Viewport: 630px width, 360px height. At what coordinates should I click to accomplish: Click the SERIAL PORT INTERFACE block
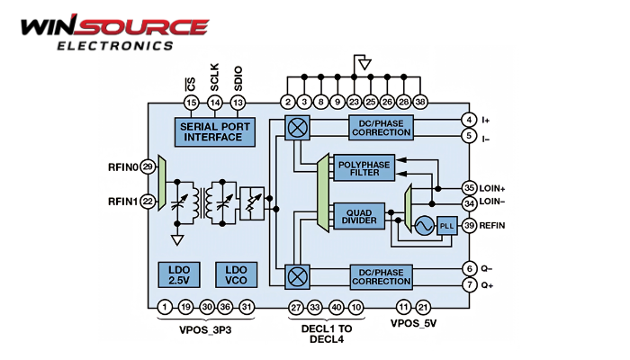pos(213,131)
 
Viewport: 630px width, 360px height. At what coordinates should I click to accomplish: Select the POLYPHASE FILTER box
pos(364,168)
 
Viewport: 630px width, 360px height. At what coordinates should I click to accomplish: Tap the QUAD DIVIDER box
pos(359,217)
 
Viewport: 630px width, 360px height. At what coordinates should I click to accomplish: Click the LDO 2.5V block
pos(178,274)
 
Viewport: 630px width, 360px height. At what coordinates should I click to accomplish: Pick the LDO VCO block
pos(237,274)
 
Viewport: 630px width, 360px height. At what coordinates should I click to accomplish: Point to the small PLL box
pos(447,226)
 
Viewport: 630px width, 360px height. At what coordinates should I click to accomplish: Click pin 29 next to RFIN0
pos(148,166)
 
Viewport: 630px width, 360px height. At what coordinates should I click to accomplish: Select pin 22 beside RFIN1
pos(148,202)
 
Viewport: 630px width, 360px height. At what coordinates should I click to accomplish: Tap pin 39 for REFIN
pos(469,226)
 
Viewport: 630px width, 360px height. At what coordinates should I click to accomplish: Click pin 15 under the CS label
pos(191,103)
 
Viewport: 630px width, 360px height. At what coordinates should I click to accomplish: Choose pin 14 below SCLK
pos(214,103)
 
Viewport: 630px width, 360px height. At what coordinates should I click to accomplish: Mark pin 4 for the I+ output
pos(469,120)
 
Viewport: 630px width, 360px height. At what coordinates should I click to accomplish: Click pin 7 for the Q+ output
pos(469,285)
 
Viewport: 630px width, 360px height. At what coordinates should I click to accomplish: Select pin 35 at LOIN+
pos(469,187)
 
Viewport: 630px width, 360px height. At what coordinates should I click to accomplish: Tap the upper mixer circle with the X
pos(298,127)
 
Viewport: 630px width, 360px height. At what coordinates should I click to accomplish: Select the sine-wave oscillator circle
pos(421,226)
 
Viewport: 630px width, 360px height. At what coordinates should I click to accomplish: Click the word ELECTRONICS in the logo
pos(115,45)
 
